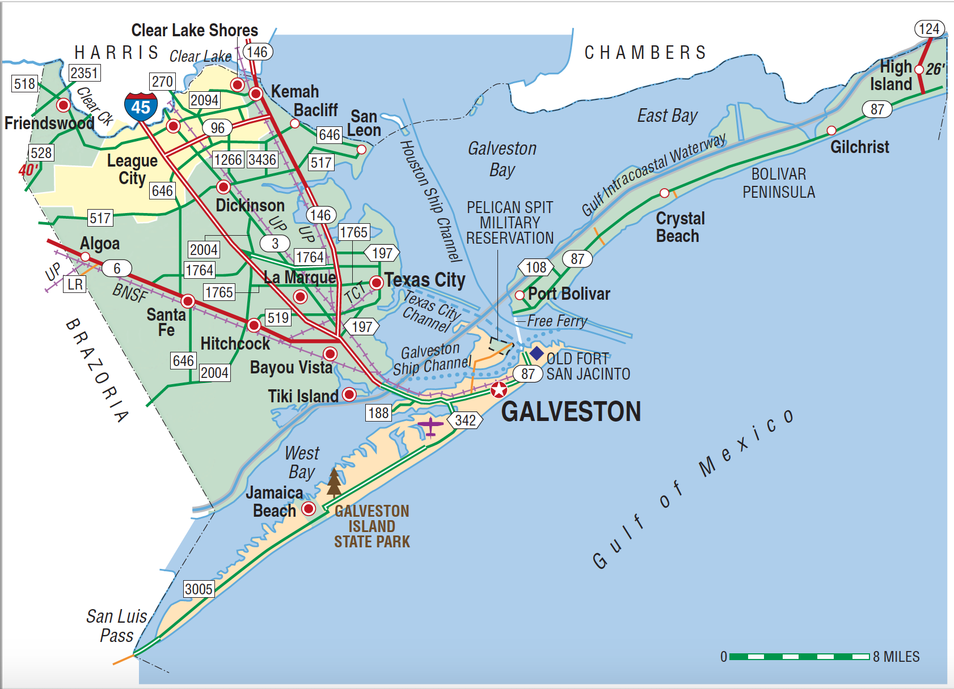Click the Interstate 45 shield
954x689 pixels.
[x=141, y=107]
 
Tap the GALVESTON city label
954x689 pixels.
[x=571, y=412]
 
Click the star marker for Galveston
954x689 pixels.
[x=499, y=390]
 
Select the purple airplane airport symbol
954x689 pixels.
[x=430, y=426]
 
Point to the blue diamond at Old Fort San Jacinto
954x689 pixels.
[x=537, y=354]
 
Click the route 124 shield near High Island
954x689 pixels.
[x=929, y=29]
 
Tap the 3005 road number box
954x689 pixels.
[x=199, y=589]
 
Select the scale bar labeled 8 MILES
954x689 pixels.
[x=799, y=657]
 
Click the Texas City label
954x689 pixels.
[x=425, y=280]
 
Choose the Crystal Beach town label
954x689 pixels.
[x=680, y=227]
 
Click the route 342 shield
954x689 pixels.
[x=465, y=420]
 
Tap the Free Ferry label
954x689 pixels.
[x=557, y=321]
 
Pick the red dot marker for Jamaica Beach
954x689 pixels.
[x=309, y=508]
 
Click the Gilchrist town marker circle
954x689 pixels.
[x=831, y=131]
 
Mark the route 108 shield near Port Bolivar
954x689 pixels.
[x=535, y=267]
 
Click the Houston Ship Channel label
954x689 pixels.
[x=430, y=201]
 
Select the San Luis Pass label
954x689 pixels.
[x=116, y=626]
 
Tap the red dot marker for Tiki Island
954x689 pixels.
[x=349, y=394]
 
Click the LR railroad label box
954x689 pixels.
[x=75, y=284]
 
